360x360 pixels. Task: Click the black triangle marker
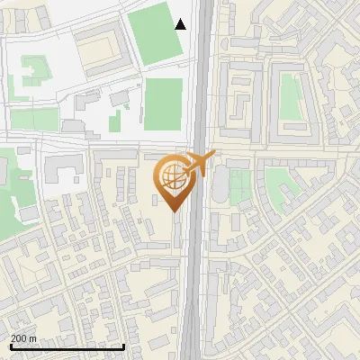181,24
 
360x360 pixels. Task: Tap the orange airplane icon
197,163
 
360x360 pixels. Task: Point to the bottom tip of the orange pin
174,211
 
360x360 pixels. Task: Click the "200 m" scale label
23,338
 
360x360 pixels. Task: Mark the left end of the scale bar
10,346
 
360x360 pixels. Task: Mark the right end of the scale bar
123,346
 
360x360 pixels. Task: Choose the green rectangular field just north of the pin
163,103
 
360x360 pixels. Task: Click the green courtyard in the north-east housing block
290,95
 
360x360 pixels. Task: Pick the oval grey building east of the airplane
220,185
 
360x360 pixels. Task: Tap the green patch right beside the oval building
238,186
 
